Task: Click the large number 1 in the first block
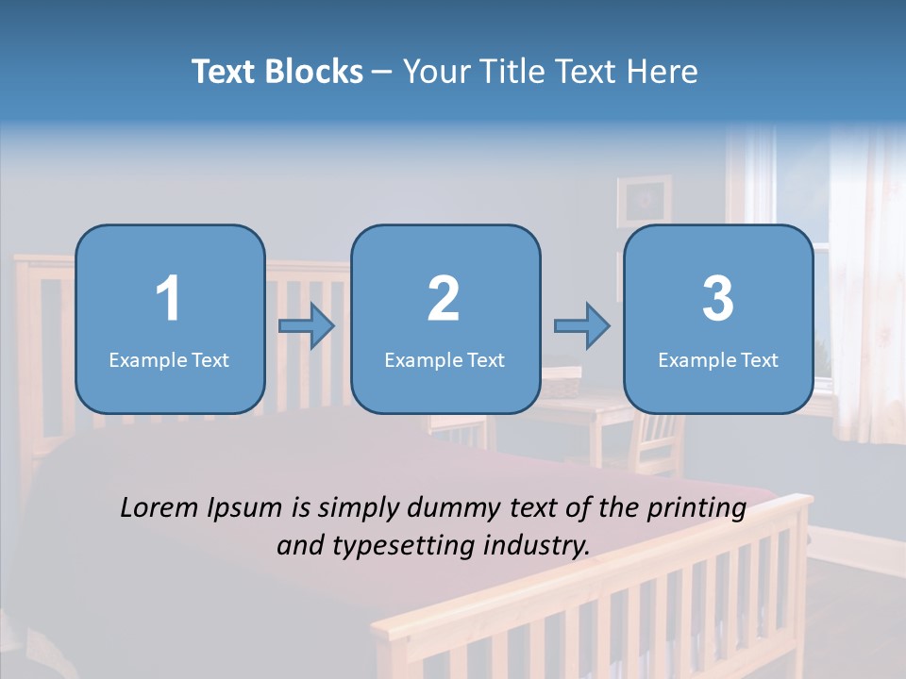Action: tap(168, 299)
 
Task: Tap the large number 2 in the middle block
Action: tap(444, 299)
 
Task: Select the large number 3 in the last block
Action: tap(718, 299)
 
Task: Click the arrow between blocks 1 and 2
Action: tap(307, 326)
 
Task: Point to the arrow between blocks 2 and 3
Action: tap(582, 326)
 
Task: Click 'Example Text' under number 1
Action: tap(169, 359)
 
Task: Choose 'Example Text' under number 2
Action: tap(445, 359)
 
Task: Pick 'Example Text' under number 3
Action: tap(718, 359)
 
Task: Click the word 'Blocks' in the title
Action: tap(314, 72)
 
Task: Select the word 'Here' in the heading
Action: tap(663, 72)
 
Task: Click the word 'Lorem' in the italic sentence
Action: tap(159, 508)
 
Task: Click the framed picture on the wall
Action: tap(644, 200)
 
